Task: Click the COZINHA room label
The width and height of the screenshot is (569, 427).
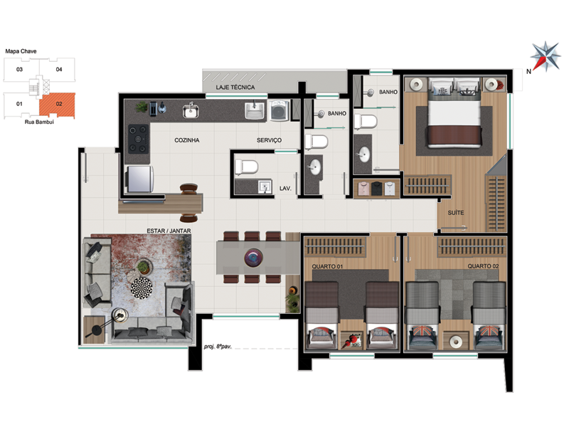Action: [x=186, y=140]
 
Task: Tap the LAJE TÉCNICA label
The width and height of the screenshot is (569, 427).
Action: [x=235, y=87]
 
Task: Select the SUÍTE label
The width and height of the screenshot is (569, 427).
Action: [x=455, y=213]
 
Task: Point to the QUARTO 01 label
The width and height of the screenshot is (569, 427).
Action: [x=327, y=266]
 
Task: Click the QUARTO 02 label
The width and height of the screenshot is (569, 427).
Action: [x=483, y=266]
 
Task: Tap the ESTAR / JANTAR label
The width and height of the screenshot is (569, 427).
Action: [x=169, y=231]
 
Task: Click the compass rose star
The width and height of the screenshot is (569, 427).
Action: [x=546, y=57]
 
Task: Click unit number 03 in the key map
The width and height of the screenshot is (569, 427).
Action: [x=19, y=69]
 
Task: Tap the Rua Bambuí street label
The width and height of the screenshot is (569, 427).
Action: [x=39, y=122]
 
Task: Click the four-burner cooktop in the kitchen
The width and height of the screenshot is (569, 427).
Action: [x=138, y=139]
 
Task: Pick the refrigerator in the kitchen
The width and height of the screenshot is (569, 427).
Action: [x=139, y=179]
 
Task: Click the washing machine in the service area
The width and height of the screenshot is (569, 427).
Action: [x=280, y=110]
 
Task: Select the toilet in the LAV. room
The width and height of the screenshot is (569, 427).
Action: [x=246, y=167]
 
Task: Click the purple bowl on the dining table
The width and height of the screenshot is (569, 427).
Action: [x=253, y=258]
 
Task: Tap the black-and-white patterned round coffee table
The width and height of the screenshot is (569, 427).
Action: [x=142, y=288]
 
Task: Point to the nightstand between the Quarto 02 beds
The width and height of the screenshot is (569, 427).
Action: [x=455, y=341]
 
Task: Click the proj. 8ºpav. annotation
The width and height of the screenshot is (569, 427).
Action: [x=218, y=347]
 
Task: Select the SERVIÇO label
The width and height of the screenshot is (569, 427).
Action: [x=269, y=140]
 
